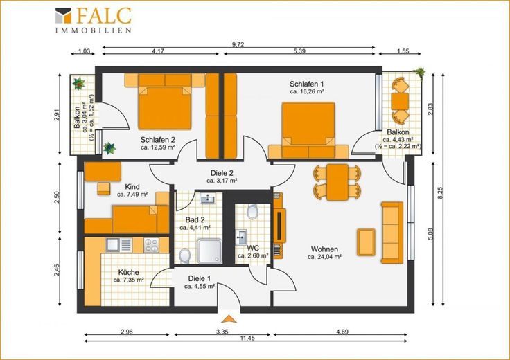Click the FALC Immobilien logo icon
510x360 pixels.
coord(63,15)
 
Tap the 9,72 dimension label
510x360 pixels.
coord(238,45)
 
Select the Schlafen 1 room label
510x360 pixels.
coord(306,84)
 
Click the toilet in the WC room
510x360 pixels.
coord(252,212)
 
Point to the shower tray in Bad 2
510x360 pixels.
coord(209,251)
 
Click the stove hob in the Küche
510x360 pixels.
coord(151,245)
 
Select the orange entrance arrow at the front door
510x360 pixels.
coord(229,318)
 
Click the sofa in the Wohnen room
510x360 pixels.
coord(392,233)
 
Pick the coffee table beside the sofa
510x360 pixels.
coord(366,242)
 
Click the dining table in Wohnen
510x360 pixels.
coord(337,182)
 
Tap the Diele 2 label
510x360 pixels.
coord(222,174)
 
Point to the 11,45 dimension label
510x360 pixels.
coord(247,338)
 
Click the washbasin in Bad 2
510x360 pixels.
coord(208,198)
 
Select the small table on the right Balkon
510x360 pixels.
coord(400,101)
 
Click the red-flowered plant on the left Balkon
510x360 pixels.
coord(79,84)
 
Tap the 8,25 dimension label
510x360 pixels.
coord(440,192)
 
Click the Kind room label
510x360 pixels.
coord(132,187)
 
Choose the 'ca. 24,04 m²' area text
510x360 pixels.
coord(324,257)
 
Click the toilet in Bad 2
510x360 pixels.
coord(185,255)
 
